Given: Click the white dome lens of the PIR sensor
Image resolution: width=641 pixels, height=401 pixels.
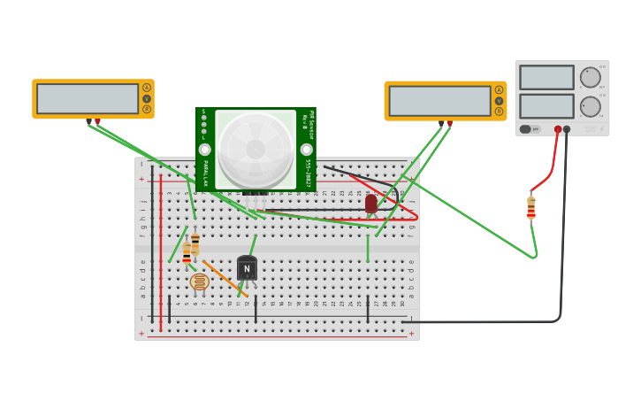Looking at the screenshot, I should click(255, 148).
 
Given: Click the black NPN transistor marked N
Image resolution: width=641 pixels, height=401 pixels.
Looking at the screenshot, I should click(247, 268).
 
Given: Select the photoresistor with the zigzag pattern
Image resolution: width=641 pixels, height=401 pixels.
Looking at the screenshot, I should click(200, 281).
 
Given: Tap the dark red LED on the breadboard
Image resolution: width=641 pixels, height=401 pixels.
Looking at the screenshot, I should click(371, 204).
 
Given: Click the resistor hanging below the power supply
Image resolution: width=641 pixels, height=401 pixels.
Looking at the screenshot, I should click(530, 208).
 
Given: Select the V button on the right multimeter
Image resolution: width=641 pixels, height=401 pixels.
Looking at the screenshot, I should click(499, 101).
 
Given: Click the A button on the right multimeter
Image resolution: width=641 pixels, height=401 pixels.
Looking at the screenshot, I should click(499, 89).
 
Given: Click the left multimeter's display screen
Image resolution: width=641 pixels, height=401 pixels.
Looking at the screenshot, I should click(88, 98).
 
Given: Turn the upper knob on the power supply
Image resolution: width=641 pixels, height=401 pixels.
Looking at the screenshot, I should click(590, 77).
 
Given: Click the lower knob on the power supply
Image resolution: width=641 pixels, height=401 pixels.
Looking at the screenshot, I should click(590, 107).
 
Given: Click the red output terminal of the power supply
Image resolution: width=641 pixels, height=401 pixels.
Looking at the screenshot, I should click(557, 129).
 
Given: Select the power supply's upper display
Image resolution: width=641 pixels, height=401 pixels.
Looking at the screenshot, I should click(546, 77).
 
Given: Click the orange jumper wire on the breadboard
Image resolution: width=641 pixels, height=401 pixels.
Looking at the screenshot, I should click(225, 278).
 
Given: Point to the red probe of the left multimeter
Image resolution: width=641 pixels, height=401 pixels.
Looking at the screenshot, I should click(97, 121).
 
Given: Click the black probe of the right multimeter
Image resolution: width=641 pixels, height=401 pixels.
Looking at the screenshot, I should click(441, 123).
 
